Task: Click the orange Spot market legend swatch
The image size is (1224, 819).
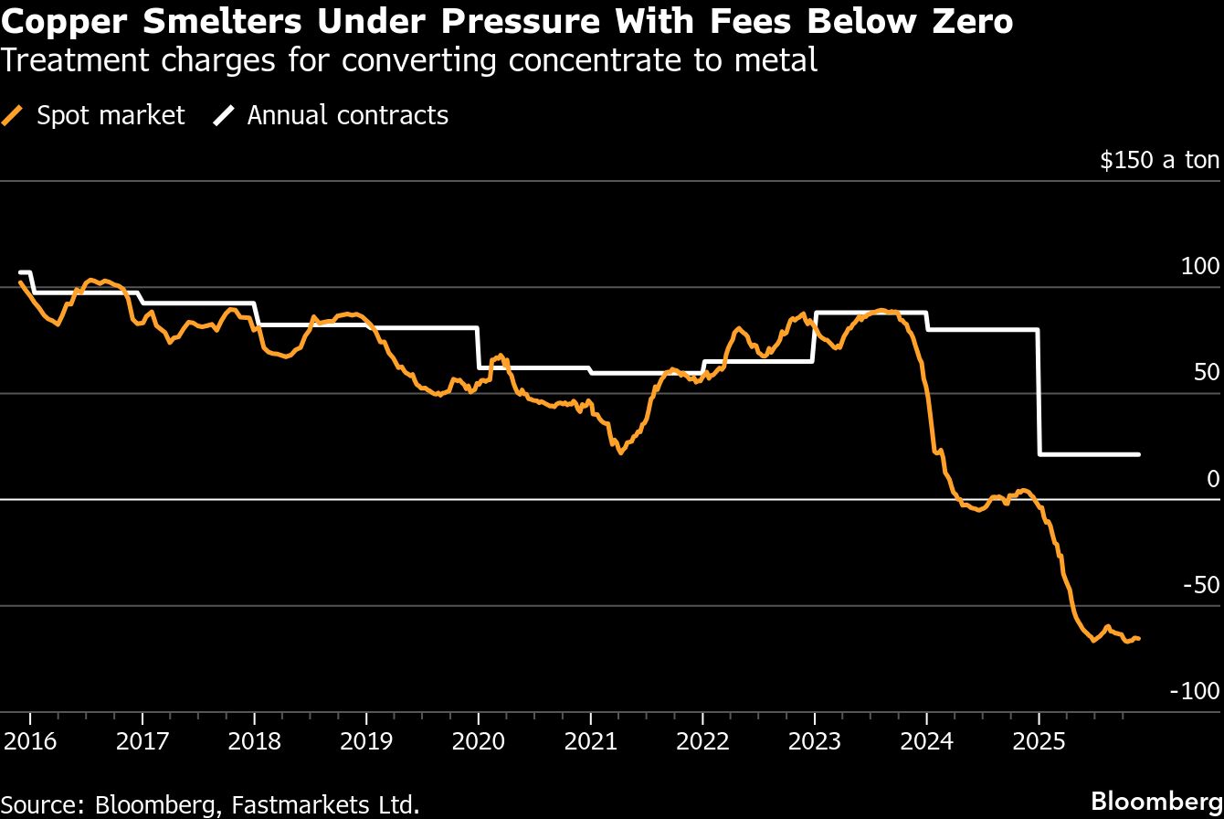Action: click(x=14, y=116)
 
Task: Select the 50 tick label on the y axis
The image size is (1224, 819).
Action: click(x=1206, y=373)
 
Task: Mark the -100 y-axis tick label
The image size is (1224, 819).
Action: click(x=1195, y=691)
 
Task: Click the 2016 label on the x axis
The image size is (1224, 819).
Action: click(x=30, y=739)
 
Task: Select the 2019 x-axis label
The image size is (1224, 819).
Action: click(x=366, y=739)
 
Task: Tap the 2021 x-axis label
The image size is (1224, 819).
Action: click(x=591, y=739)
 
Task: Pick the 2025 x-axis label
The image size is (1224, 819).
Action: click(x=1039, y=739)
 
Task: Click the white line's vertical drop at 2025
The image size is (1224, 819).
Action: click(x=1039, y=393)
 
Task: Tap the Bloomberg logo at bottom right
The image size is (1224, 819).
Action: click(x=1163, y=801)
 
